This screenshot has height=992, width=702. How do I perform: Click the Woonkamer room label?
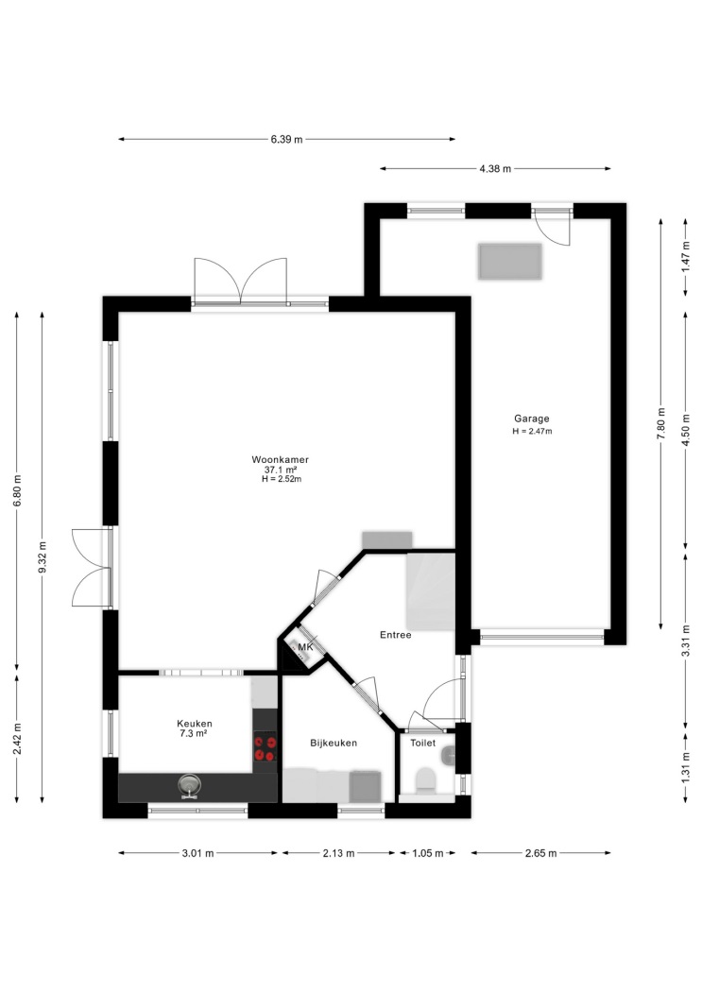280,460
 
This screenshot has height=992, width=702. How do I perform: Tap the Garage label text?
531,419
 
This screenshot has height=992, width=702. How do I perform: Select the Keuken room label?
194,723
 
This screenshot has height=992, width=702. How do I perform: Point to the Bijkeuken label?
334,743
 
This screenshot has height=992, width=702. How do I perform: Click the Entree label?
395,635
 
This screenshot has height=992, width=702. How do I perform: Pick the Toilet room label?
422,743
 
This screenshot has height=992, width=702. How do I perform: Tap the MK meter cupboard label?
305,647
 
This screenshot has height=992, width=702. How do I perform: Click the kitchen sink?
188,786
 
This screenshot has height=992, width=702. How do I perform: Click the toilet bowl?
424,780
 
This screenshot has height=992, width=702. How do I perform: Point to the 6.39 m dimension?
286,139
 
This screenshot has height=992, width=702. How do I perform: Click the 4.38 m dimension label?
495,169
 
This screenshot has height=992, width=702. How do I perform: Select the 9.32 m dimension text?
43,557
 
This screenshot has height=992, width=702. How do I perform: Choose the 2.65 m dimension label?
540,853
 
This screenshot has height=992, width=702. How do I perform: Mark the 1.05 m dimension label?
427,853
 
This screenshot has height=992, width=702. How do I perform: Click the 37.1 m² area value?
281,470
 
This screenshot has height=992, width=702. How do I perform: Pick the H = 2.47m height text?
532,432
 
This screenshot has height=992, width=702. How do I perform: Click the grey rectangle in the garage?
510,262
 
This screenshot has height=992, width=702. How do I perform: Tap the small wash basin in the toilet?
449,754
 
